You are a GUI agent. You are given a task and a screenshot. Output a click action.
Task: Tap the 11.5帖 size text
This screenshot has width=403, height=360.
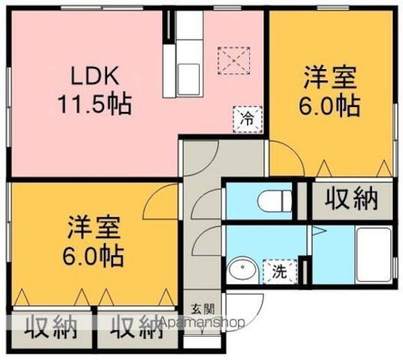95,103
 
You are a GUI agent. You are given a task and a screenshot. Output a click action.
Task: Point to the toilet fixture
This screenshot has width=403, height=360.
275,201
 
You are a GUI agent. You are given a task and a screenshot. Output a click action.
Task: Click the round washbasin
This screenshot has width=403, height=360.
239,271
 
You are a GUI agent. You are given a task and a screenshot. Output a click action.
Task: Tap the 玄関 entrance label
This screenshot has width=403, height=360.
203,309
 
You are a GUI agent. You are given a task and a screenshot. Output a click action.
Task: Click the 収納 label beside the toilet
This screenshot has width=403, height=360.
352,200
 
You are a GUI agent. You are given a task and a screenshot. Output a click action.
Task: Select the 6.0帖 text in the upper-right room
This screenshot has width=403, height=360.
330,105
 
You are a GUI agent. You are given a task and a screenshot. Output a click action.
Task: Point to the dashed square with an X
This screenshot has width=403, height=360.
233,60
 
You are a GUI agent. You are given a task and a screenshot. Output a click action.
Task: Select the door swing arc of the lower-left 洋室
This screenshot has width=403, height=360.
160,200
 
